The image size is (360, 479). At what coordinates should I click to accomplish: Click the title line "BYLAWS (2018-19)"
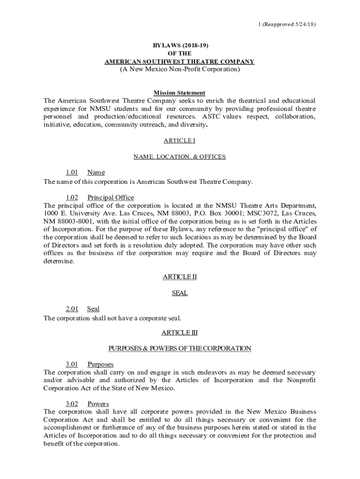tap(180, 46)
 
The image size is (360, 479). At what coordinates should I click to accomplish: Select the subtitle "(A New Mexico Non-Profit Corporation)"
tap(180, 69)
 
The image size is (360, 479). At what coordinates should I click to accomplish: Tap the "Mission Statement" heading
tap(180, 93)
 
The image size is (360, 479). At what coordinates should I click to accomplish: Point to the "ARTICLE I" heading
tap(180, 140)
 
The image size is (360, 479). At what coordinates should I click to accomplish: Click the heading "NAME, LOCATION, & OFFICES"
tap(180, 157)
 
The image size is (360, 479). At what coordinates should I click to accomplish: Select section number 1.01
tap(72, 173)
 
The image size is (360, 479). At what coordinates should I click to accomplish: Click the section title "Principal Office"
tap(110, 197)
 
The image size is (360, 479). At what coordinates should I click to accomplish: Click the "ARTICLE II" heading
tap(180, 277)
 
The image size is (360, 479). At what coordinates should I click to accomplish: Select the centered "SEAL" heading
tap(180, 293)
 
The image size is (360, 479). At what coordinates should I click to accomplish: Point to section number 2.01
tap(72, 309)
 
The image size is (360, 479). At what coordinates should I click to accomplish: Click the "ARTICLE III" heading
tap(180, 333)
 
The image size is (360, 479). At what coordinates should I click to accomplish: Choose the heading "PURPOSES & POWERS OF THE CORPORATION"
tap(180, 348)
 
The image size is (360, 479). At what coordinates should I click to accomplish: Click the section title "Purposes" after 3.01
tap(101, 364)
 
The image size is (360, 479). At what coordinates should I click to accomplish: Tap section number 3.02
tap(72, 404)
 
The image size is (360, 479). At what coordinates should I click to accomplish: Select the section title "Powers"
tap(98, 404)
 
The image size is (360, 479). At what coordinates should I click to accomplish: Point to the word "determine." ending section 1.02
tap(58, 261)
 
